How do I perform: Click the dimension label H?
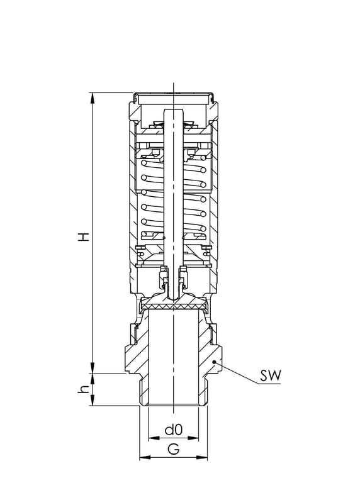pyautogui.click(x=83, y=236)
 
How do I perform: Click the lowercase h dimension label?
pyautogui.click(x=83, y=389)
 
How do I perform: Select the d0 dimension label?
pyautogui.click(x=174, y=430)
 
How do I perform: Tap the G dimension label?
pyautogui.click(x=174, y=450)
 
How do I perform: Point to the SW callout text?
pyautogui.click(x=270, y=375)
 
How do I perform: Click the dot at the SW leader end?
pyautogui.click(x=215, y=362)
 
